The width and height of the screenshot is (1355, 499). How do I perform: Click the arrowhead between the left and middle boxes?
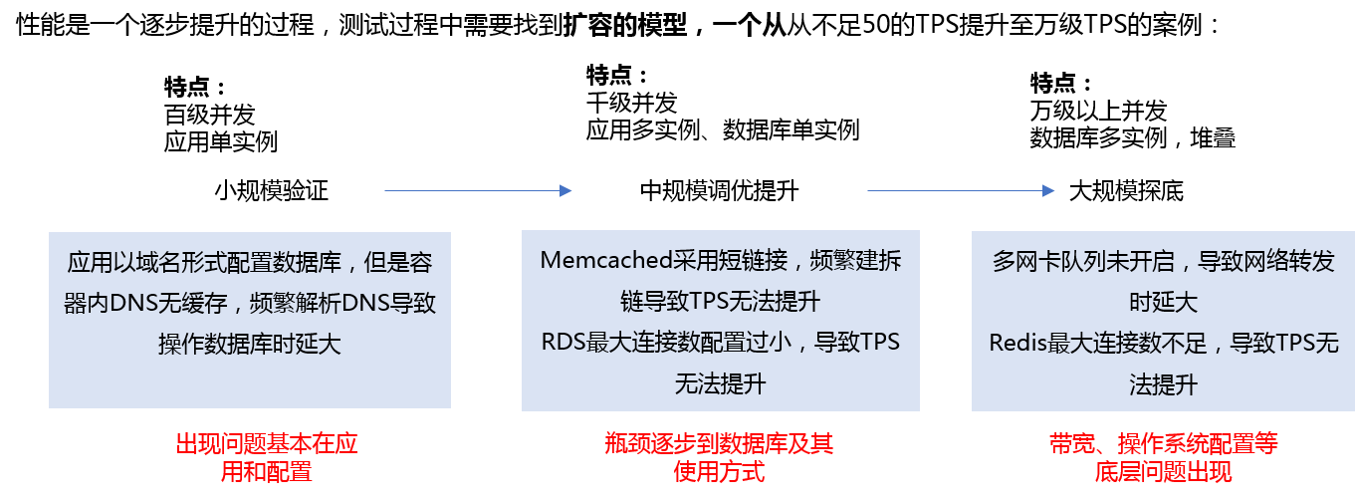tap(565, 190)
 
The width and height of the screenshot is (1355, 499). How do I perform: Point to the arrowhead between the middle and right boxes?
tap(1048, 190)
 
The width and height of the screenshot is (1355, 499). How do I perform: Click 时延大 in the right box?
tap(1163, 302)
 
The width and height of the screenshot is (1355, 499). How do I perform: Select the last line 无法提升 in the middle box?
tap(720, 383)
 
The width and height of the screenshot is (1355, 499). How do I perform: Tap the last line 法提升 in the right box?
tap(1163, 384)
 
